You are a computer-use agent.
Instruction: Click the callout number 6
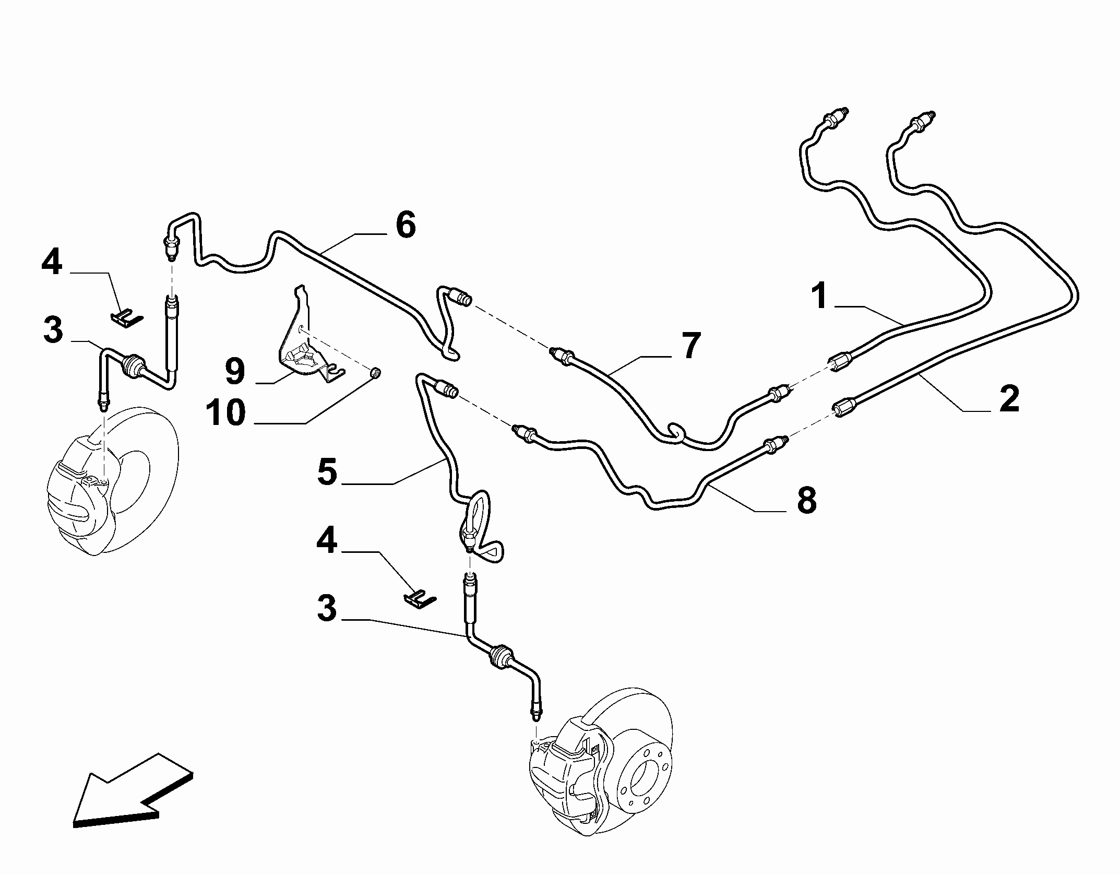(406, 226)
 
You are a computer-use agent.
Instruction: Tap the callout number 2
(1009, 399)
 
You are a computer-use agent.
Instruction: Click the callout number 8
(806, 500)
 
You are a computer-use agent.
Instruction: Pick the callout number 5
(327, 472)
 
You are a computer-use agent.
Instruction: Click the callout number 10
(225, 412)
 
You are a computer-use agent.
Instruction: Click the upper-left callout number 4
(52, 262)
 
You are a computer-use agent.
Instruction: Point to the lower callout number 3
(327, 609)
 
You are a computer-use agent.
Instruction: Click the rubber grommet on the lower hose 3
(501, 656)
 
